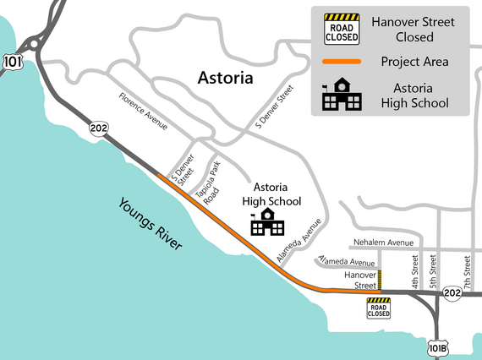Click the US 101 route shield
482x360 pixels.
point(13,63)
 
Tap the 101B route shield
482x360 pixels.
point(437,348)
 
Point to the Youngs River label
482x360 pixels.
point(151,223)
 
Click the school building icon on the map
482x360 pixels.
point(267,224)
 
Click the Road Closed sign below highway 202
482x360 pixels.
point(378,308)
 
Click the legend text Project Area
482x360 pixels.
point(414,62)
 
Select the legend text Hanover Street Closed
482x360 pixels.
point(414,29)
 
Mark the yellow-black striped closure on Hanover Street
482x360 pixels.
point(379,281)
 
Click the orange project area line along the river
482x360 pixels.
point(228,232)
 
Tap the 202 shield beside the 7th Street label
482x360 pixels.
point(452,293)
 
